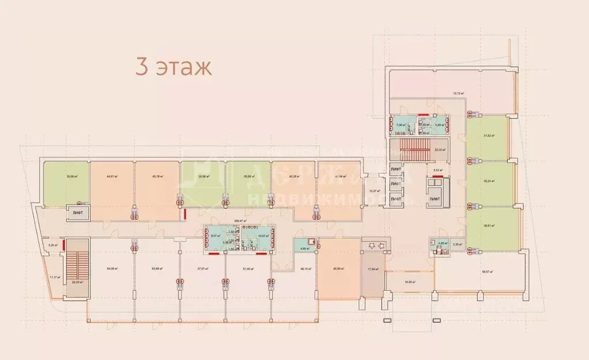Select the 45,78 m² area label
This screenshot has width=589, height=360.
click(x=157, y=177)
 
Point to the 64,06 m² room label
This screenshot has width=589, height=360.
click(x=112, y=268)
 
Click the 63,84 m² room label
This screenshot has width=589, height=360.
click(x=157, y=268)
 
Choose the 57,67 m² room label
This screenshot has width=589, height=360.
click(x=202, y=268)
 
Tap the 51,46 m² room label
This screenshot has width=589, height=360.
click(x=248, y=268)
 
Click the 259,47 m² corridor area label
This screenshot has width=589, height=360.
click(x=241, y=221)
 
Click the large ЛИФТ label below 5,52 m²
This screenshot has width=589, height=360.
click(x=436, y=199)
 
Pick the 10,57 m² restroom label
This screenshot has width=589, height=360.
click(x=264, y=236)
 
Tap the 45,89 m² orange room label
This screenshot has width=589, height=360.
click(x=338, y=268)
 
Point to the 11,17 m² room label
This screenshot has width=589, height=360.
click(x=54, y=277)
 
